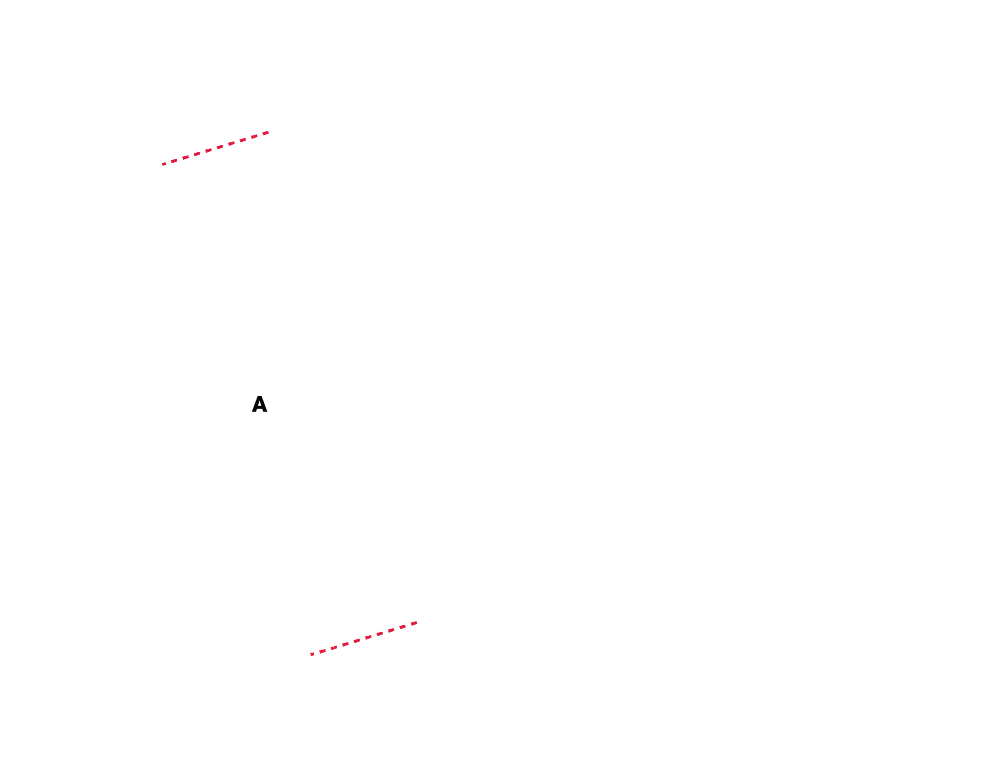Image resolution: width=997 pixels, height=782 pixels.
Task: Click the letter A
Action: (x=259, y=404)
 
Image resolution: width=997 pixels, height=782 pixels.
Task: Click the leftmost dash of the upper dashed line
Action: (x=164, y=164)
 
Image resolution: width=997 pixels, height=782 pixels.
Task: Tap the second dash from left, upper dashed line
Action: (x=174, y=161)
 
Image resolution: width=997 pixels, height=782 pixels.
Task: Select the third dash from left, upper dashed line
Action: (x=185, y=157)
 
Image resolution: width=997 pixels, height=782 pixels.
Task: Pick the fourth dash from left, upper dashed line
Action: (x=197, y=154)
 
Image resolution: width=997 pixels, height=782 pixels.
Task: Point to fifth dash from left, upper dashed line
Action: (x=208, y=150)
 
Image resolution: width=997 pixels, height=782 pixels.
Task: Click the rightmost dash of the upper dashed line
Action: (x=265, y=133)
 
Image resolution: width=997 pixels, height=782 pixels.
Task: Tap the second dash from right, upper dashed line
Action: (x=254, y=136)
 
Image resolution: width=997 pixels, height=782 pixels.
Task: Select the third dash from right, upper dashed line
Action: (x=243, y=140)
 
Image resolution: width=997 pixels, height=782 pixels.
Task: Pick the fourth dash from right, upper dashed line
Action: (x=231, y=143)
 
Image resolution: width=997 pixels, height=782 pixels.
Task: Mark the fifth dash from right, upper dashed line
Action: (x=220, y=147)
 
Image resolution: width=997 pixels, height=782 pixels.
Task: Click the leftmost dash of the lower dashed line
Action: (x=312, y=654)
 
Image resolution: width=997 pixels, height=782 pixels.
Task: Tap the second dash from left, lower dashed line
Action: (x=322, y=651)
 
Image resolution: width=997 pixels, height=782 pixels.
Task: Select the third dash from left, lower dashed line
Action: (x=334, y=648)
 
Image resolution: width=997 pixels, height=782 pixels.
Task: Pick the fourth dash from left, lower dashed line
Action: (x=346, y=644)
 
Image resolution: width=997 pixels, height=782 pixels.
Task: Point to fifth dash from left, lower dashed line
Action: (x=357, y=641)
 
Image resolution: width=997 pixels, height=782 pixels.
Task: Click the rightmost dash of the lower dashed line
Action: (x=414, y=623)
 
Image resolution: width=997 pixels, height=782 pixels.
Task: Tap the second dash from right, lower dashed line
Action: (x=402, y=627)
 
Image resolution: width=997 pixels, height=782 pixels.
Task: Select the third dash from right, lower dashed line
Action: (x=391, y=630)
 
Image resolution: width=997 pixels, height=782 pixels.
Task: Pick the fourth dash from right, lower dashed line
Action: (x=379, y=634)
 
